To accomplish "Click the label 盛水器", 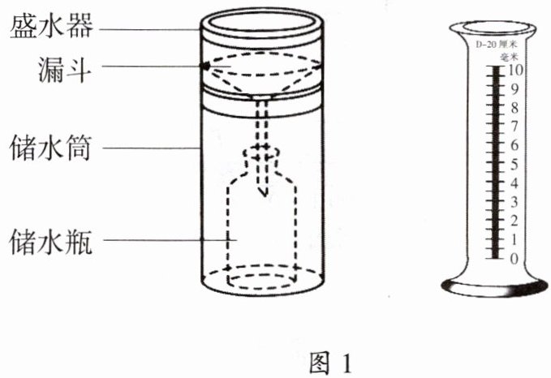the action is tap(51, 28).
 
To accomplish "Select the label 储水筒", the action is tap(51, 149).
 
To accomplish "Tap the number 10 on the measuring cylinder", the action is tap(514, 71).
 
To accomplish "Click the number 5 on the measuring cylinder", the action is tap(513, 165).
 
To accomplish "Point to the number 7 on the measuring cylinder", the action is tap(513, 127).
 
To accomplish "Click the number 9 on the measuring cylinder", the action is tap(513, 89).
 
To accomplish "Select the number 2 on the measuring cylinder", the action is tap(513, 221).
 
